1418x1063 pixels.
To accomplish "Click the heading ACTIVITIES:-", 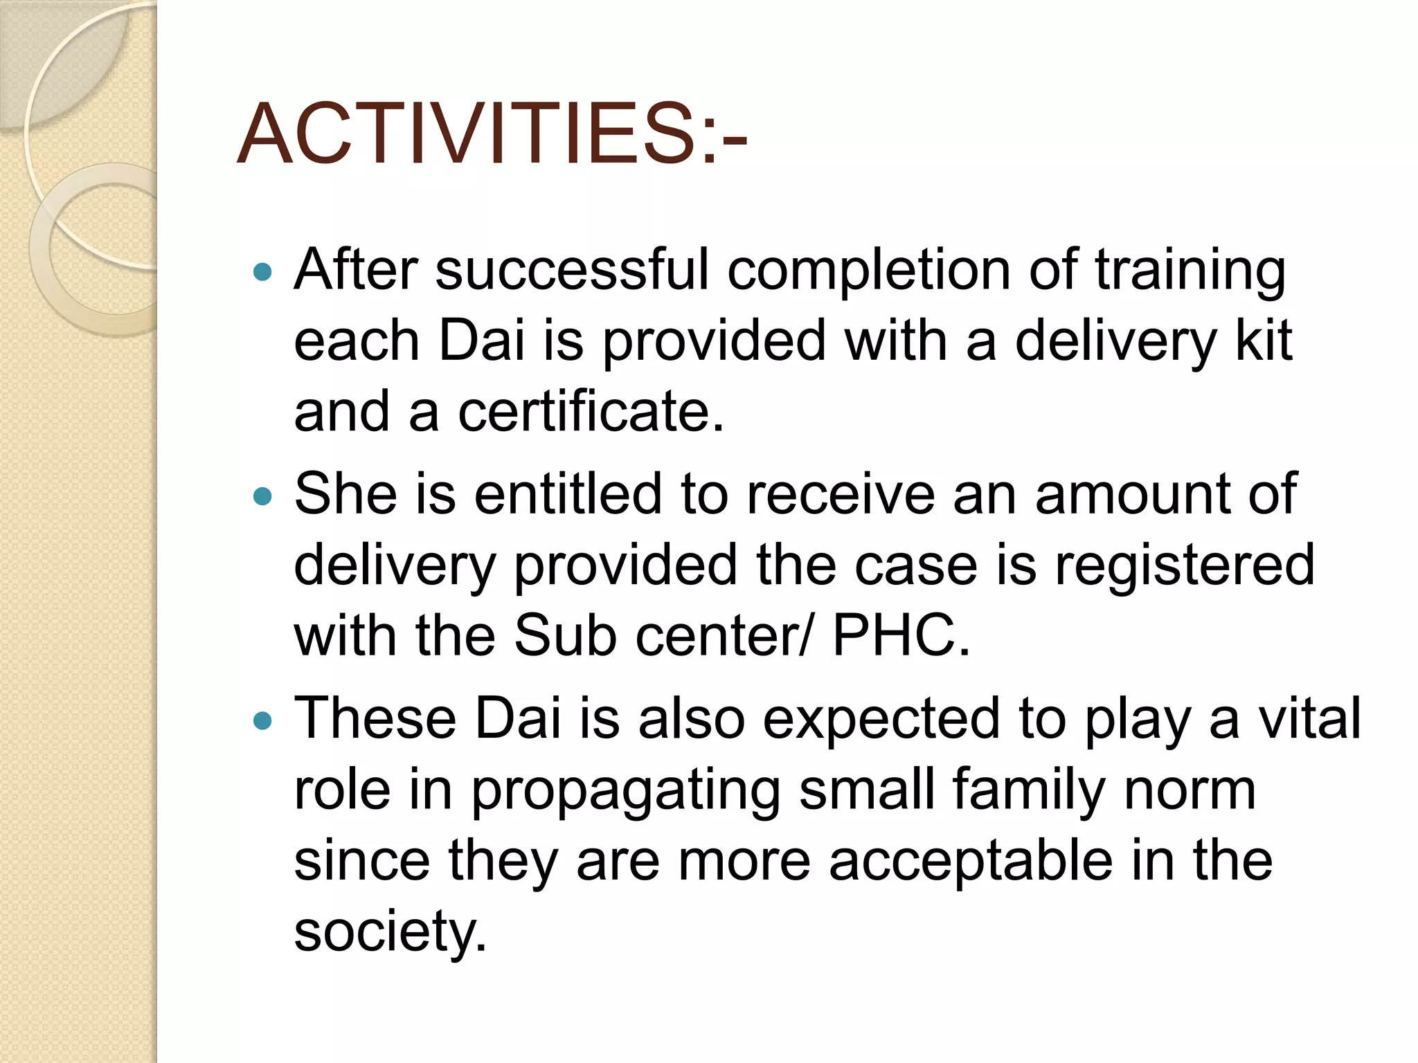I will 492,134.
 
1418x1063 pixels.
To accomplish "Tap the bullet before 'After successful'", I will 263,272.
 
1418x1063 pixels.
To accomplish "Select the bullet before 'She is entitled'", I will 263,496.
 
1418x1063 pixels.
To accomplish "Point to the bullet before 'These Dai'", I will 263,721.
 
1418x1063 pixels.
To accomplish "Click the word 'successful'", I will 572,270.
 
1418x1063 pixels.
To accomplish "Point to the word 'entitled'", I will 568,494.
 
